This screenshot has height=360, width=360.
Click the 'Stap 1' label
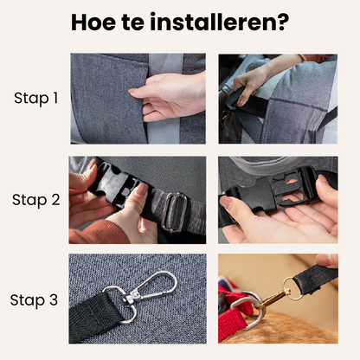click(x=36, y=98)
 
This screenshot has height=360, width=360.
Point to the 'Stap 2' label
click(x=36, y=200)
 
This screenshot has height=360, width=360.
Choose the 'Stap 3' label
click(x=36, y=300)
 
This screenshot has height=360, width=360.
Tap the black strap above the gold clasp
click(x=316, y=279)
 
